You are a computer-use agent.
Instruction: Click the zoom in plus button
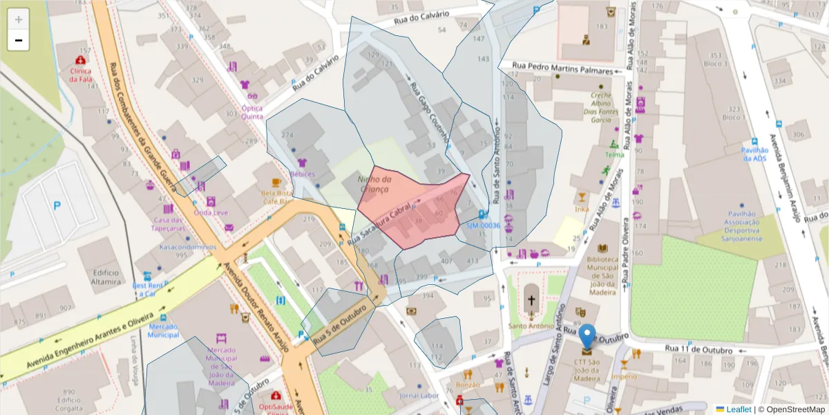[x=19, y=19]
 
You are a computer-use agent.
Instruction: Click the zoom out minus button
[x=19, y=40]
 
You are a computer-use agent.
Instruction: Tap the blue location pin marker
[x=587, y=337]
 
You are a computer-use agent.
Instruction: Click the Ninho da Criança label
[x=374, y=184]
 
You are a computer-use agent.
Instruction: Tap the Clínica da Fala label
[x=81, y=75]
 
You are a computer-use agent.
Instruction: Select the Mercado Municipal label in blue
[x=163, y=331]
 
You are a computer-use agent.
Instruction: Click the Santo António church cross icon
[x=531, y=301]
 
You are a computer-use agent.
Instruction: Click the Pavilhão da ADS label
[x=755, y=154]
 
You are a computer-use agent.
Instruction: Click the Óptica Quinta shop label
[x=252, y=112]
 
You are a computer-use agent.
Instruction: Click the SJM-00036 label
[x=482, y=225]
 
